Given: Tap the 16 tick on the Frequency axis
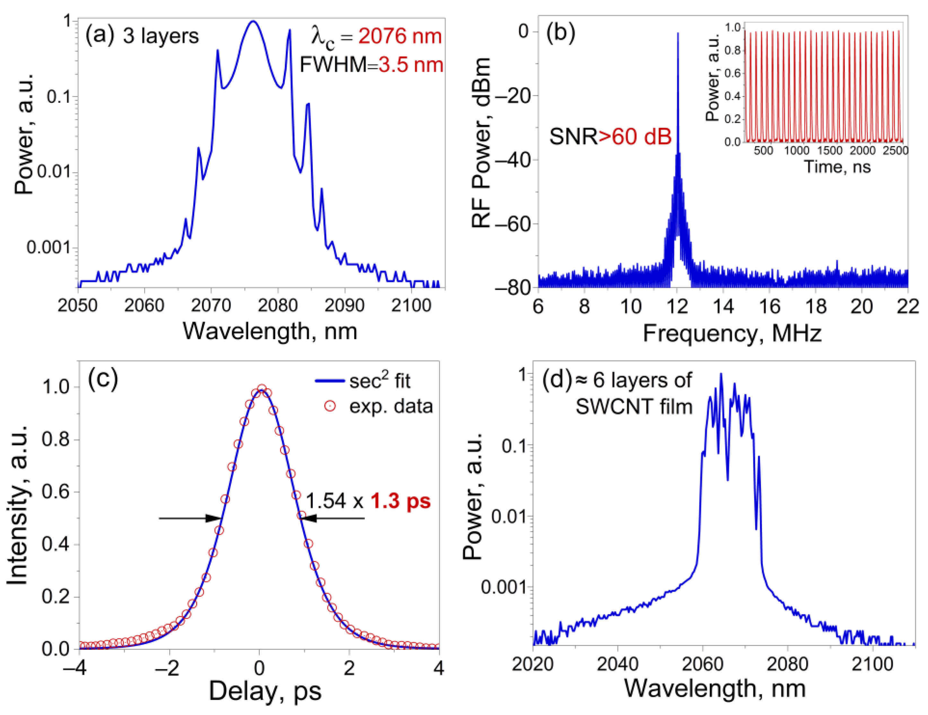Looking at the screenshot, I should (769, 306).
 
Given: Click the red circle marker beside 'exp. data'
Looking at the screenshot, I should (330, 406).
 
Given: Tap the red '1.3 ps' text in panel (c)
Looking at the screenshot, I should (401, 501).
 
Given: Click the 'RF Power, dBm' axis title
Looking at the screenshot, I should (481, 143).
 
